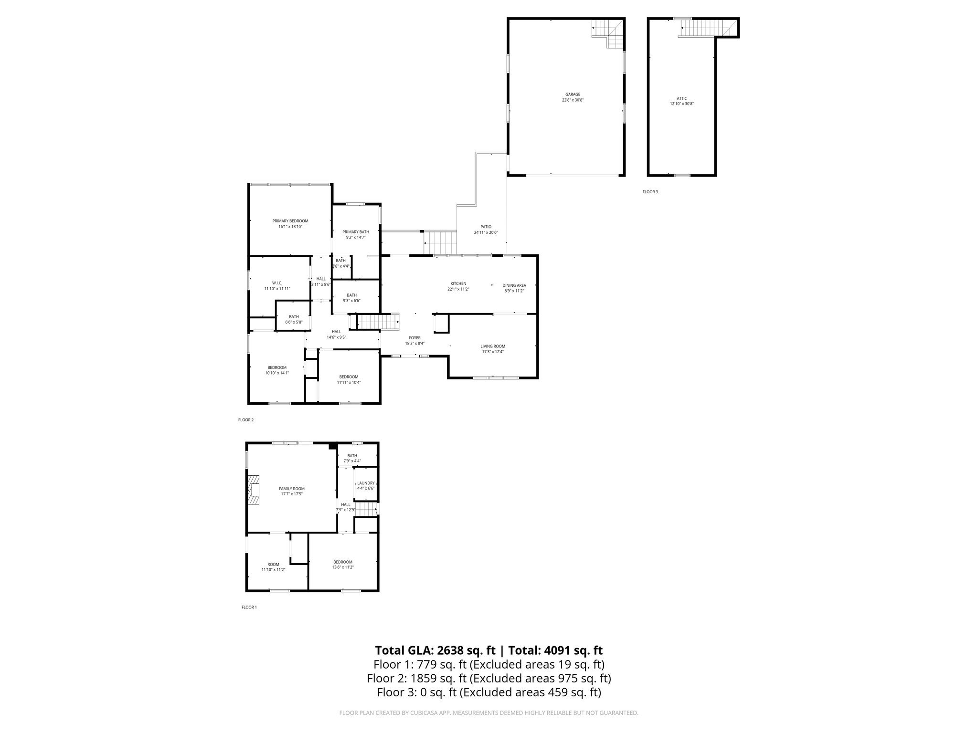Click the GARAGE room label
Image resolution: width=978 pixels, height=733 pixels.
(x=573, y=94)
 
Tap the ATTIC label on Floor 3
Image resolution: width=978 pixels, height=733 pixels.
(x=682, y=98)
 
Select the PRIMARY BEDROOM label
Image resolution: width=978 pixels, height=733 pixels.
(x=290, y=221)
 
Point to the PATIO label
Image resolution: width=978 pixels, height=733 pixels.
(x=486, y=227)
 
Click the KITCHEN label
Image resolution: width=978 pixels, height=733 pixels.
(x=458, y=283)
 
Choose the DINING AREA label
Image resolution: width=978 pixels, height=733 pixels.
(x=514, y=285)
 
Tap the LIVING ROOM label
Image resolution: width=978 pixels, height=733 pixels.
(x=493, y=346)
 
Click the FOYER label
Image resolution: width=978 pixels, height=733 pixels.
(x=415, y=338)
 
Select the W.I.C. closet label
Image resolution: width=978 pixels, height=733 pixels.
(x=277, y=283)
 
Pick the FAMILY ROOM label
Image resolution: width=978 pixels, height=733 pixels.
(x=292, y=489)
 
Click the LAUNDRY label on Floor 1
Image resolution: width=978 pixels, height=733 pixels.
(x=366, y=483)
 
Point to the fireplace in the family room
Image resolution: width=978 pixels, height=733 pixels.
(x=254, y=490)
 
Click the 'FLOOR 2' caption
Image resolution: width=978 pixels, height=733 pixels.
(x=246, y=420)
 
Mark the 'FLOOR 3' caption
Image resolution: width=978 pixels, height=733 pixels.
(x=650, y=192)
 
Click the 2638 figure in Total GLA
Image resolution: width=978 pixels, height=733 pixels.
(x=449, y=650)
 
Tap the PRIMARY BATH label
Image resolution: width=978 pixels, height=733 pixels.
(x=356, y=232)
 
